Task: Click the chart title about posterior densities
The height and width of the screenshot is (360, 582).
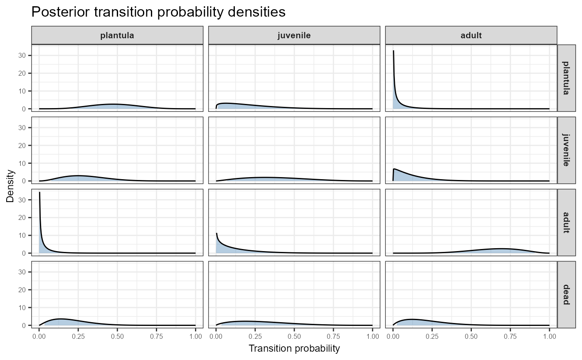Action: [158, 12]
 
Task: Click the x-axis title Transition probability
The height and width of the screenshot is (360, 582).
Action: [294, 348]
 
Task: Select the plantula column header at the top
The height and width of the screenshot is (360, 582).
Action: [117, 35]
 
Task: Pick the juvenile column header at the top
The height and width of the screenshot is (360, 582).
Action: [294, 35]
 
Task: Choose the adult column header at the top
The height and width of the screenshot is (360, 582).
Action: [471, 35]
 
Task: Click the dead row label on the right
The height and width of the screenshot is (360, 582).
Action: [565, 294]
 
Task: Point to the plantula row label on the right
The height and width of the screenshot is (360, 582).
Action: [565, 78]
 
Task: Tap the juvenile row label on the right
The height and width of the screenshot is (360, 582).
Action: [565, 150]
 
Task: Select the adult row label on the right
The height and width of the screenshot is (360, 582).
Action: [565, 222]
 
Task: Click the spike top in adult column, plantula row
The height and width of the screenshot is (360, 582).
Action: [393, 51]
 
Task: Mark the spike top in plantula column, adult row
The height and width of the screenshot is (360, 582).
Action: [39, 192]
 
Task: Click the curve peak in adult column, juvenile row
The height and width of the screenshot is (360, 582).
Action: [395, 169]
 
